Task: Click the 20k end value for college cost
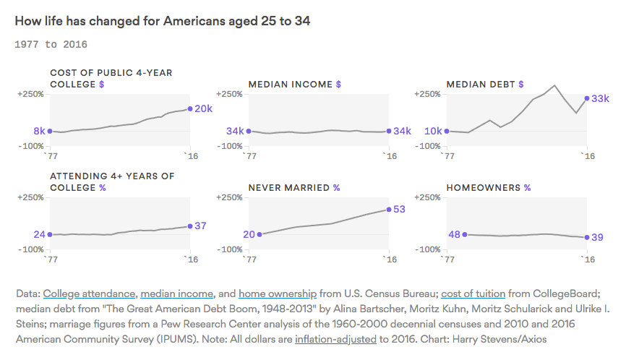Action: point(204,109)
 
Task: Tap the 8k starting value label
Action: point(39,131)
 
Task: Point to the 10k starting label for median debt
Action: point(434,131)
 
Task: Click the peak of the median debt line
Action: point(554,85)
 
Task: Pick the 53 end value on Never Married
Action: point(400,210)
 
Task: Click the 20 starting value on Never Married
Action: point(249,234)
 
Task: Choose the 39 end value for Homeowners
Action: point(599,237)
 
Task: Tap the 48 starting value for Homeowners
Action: point(454,234)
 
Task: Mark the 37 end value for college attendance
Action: point(201,226)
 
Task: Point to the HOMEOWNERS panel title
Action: point(484,187)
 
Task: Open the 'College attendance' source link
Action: point(89,293)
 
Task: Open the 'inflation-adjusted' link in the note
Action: point(335,338)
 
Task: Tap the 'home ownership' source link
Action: point(277,293)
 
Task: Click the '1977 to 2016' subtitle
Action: point(51,45)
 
